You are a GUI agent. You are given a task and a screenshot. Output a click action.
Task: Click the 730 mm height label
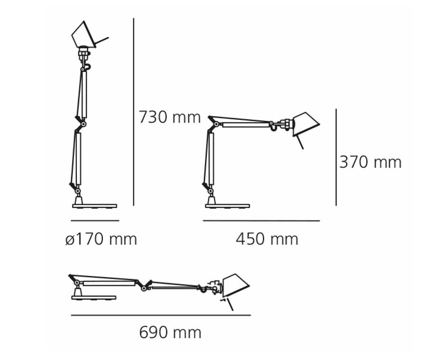click(169, 117)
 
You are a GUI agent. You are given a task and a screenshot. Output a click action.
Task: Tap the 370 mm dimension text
click(370, 162)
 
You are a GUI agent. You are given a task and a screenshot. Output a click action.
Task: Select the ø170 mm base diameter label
click(101, 239)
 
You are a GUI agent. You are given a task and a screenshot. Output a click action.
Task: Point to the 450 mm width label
click(267, 239)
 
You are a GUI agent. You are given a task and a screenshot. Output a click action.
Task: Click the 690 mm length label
click(170, 332)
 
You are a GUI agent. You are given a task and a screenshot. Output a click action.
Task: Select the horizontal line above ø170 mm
click(94, 221)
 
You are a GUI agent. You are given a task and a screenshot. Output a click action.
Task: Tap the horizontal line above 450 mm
click(261, 221)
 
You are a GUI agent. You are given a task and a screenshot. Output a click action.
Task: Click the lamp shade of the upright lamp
click(84, 34)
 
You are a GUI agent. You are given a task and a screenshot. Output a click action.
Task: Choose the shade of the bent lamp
click(305, 124)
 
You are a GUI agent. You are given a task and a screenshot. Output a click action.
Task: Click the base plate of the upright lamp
click(94, 206)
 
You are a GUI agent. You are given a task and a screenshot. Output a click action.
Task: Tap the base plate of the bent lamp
click(227, 206)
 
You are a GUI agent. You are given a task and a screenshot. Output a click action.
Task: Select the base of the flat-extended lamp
click(93, 298)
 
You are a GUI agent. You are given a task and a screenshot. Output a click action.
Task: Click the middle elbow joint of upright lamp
click(84, 124)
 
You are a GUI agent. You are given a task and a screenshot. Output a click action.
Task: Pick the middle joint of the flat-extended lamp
click(144, 284)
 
